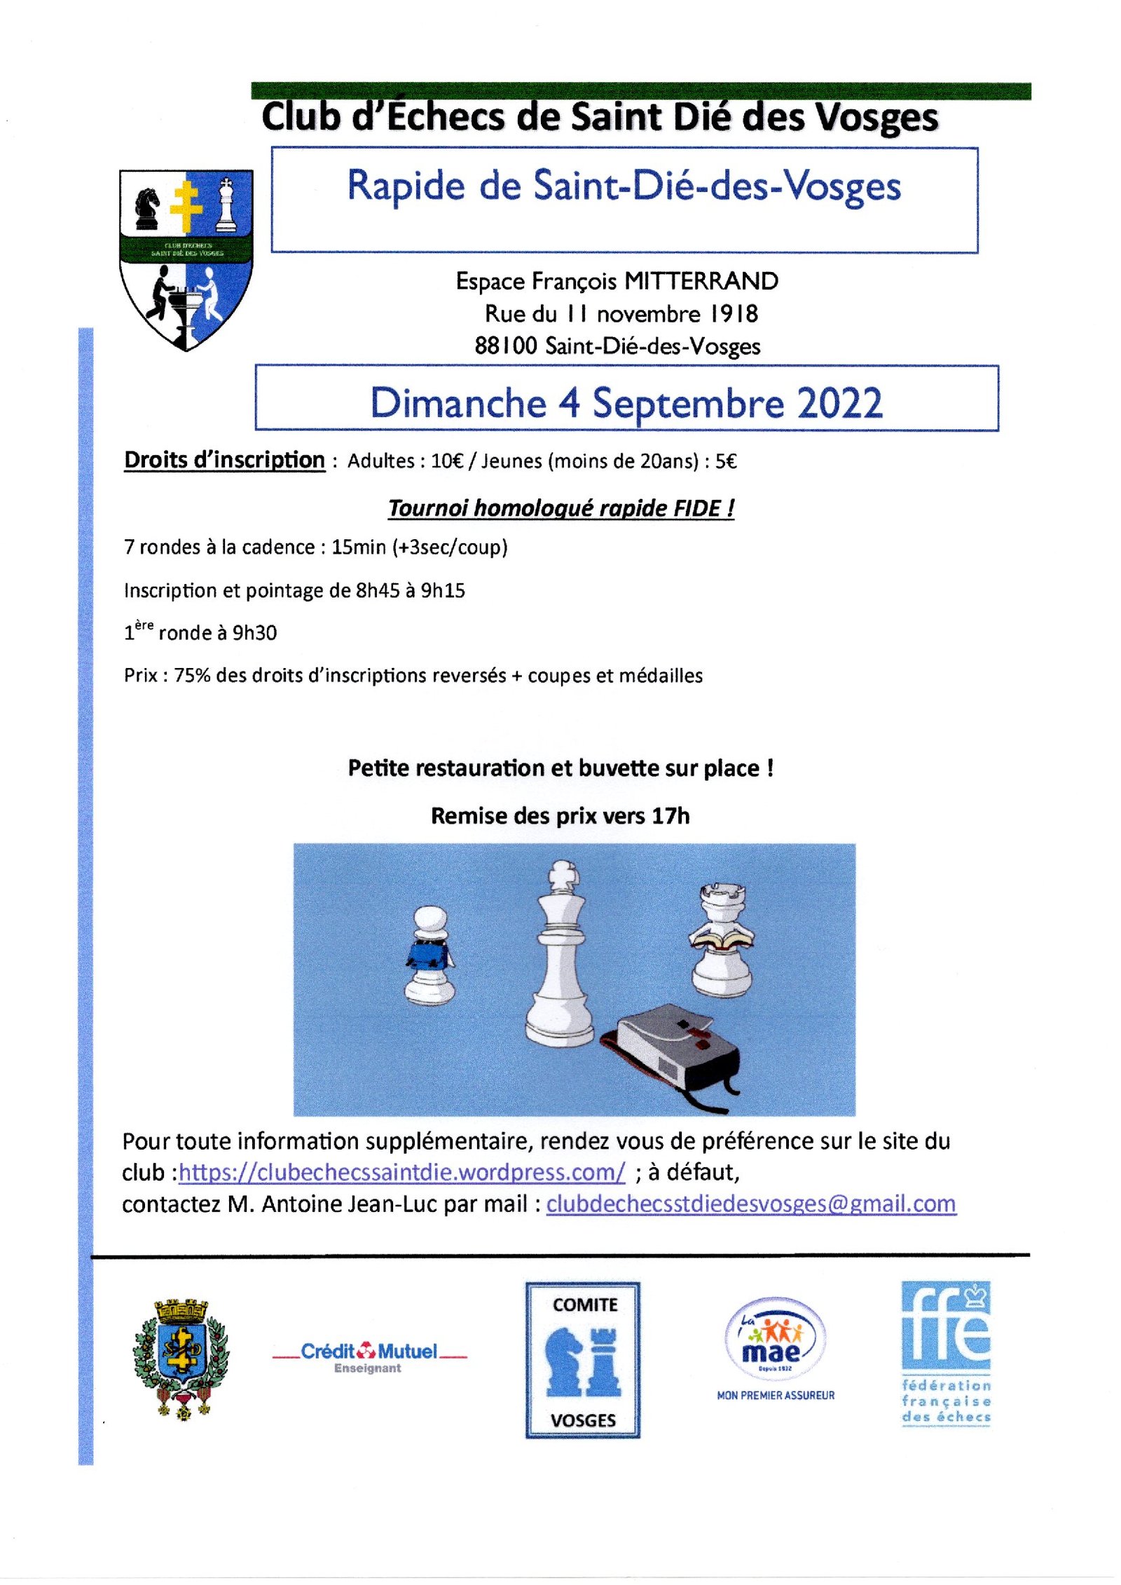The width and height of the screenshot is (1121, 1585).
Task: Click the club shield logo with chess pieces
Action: pos(186,259)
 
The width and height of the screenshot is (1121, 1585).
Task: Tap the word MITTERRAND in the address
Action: pos(701,281)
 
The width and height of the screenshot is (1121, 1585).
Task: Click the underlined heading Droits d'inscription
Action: pos(224,460)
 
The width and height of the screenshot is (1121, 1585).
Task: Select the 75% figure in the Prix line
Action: pos(192,675)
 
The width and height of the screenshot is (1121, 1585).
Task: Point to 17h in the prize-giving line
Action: pos(670,816)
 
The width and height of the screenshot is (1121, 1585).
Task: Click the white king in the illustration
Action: pos(560,953)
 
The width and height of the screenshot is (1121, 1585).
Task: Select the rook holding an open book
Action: pos(722,939)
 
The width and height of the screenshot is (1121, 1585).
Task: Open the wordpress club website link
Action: pos(401,1172)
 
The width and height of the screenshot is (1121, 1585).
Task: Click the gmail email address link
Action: pos(750,1204)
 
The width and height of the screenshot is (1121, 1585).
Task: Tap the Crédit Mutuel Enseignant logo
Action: pos(369,1356)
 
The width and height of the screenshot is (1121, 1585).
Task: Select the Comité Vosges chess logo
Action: pos(583,1360)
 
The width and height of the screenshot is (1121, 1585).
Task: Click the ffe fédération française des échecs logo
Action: pos(946,1353)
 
